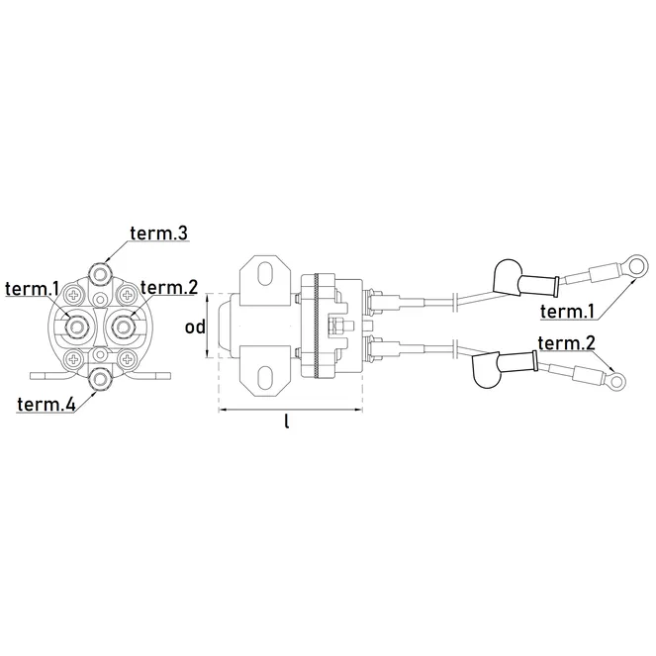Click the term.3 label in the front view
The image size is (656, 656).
pyautogui.click(x=159, y=234)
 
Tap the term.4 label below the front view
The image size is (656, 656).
pyautogui.click(x=47, y=404)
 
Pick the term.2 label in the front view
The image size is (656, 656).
pyautogui.click(x=169, y=287)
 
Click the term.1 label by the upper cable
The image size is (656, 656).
pyautogui.click(x=567, y=312)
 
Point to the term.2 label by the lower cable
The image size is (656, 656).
pyautogui.click(x=567, y=343)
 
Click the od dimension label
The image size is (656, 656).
pyautogui.click(x=195, y=327)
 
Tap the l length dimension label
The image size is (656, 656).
pyautogui.click(x=287, y=421)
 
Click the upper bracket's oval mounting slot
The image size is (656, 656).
pyautogui.click(x=265, y=273)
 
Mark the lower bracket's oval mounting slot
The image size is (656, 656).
pyautogui.click(x=265, y=377)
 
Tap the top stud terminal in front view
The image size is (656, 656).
pyautogui.click(x=100, y=274)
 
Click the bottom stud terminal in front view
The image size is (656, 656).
pyautogui.click(x=100, y=379)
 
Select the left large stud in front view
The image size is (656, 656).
pyautogui.click(x=76, y=326)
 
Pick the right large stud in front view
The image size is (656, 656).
pyautogui.click(x=123, y=326)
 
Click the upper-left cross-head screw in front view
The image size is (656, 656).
pyautogui.click(x=75, y=296)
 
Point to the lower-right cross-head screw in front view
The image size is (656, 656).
pyautogui.click(x=126, y=358)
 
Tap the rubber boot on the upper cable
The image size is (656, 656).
pyautogui.click(x=525, y=279)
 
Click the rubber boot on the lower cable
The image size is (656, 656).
pyautogui.click(x=505, y=367)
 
